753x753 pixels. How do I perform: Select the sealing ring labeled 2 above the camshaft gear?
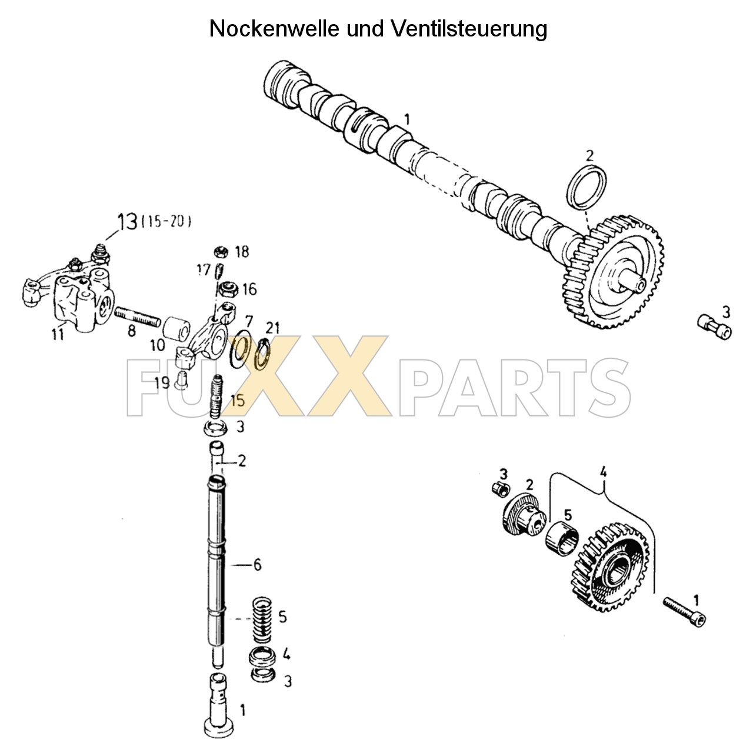[x=588, y=187]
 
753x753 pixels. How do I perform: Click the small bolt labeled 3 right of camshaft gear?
[x=714, y=326]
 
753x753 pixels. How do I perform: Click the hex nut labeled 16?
[x=228, y=289]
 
